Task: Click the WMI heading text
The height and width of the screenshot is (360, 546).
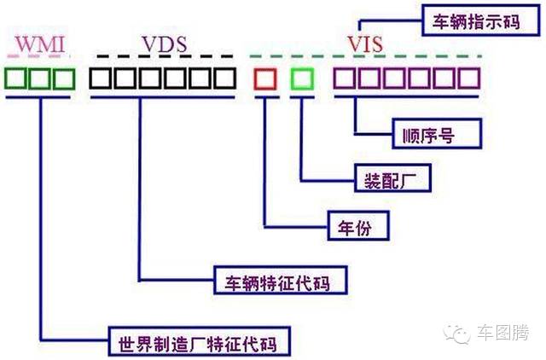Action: (x=41, y=43)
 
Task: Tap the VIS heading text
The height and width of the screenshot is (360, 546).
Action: (x=365, y=42)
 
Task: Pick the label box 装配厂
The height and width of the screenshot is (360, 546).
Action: (x=392, y=180)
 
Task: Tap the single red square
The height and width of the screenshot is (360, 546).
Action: (x=265, y=79)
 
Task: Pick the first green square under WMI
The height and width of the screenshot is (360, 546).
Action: (x=16, y=79)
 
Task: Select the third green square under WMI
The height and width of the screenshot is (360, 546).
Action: (x=65, y=79)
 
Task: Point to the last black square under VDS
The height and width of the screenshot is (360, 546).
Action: (x=224, y=79)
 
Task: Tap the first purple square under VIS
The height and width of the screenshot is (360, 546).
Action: (x=345, y=79)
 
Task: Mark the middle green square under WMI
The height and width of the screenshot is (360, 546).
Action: (x=41, y=79)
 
